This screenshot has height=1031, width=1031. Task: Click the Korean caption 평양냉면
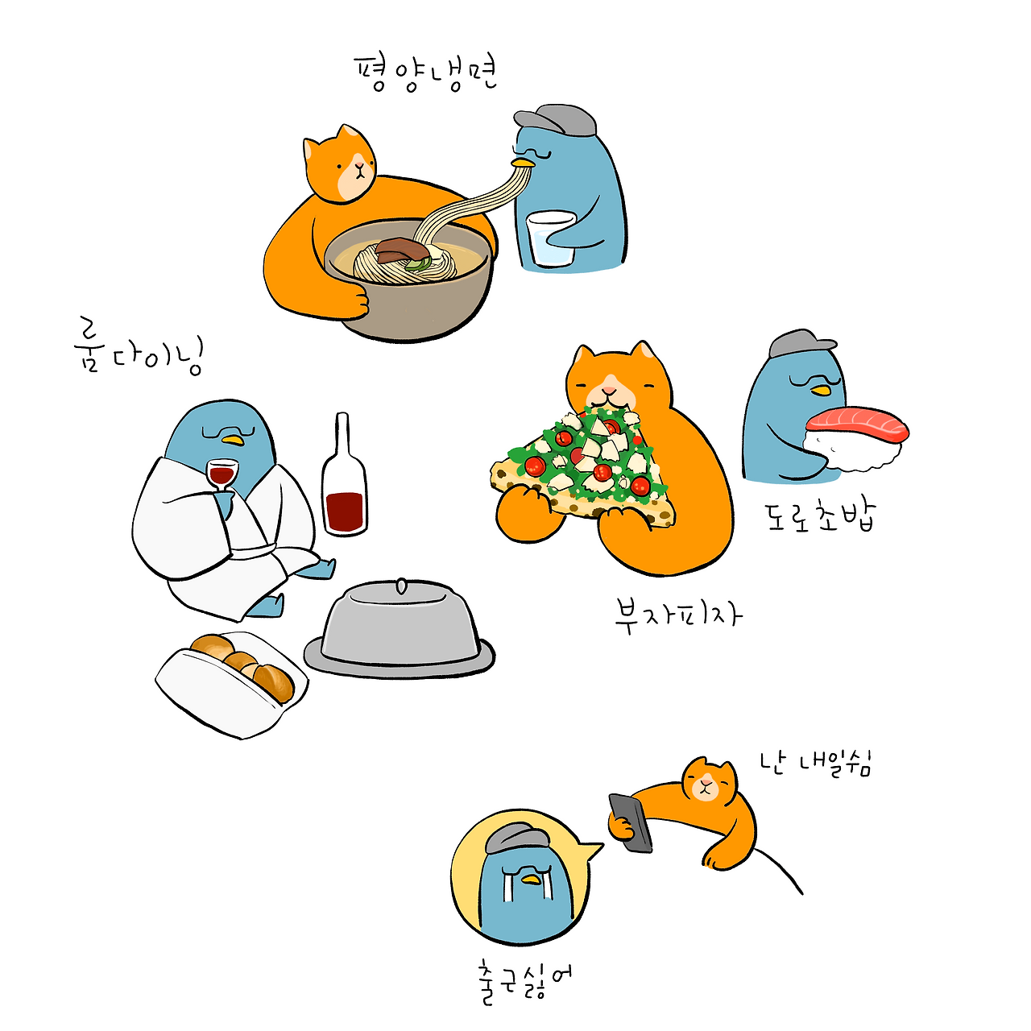click(x=426, y=75)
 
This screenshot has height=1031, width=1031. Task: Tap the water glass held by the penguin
click(x=550, y=238)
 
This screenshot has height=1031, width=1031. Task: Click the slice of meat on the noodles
click(x=401, y=250)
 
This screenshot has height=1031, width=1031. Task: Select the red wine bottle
click(x=344, y=475)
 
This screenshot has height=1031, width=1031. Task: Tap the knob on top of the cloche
click(x=400, y=586)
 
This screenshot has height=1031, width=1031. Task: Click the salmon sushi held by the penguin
click(x=856, y=439)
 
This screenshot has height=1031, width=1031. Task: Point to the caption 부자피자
click(x=678, y=616)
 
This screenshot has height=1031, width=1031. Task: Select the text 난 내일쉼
click(x=816, y=764)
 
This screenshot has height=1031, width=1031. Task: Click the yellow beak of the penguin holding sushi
click(x=820, y=391)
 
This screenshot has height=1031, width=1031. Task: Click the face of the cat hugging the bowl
click(x=350, y=169)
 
